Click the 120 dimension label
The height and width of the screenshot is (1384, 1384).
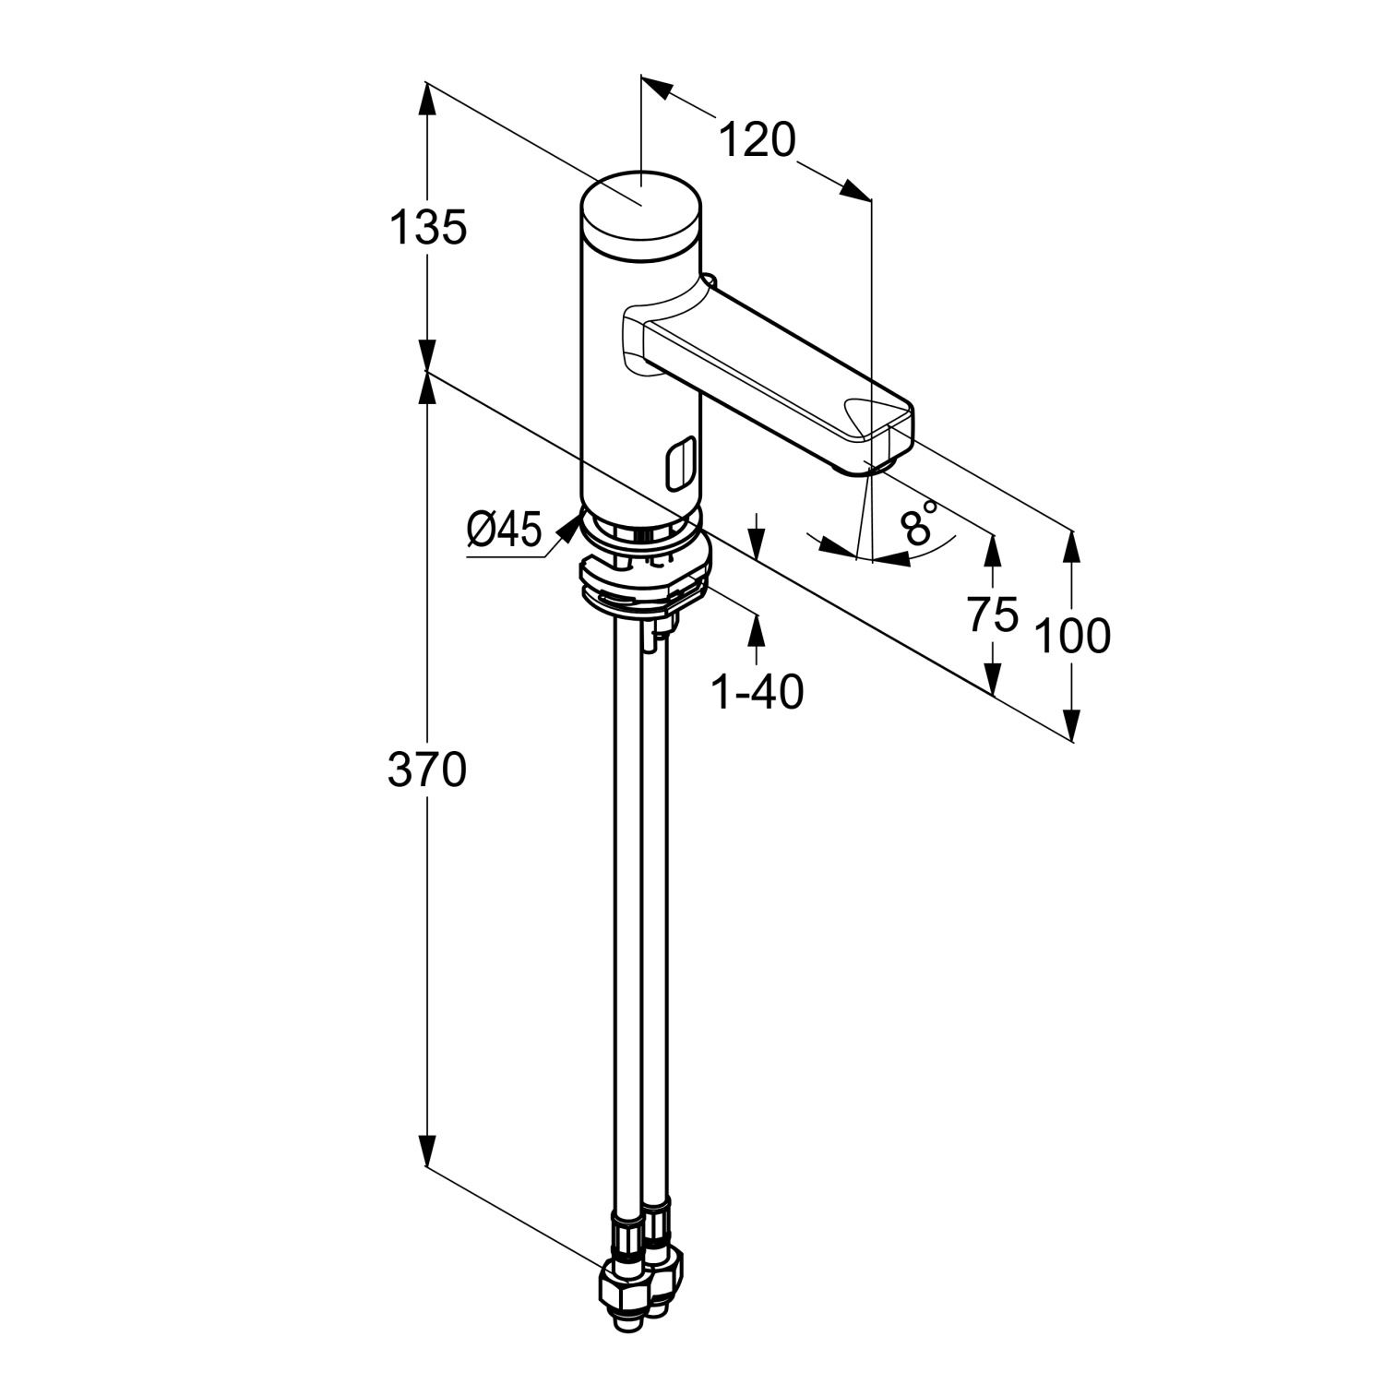(x=756, y=141)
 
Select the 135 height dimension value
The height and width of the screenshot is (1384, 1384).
(x=427, y=227)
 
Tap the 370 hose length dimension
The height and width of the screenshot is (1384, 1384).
(x=426, y=770)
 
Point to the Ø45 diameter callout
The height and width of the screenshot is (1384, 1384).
(x=504, y=531)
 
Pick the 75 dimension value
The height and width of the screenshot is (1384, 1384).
(x=993, y=614)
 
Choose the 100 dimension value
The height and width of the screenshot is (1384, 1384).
(x=1072, y=636)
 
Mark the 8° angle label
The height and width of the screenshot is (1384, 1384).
(x=919, y=524)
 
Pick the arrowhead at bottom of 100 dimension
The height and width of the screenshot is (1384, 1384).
(x=1072, y=724)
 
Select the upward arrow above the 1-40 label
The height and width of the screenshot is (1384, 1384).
(x=758, y=629)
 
